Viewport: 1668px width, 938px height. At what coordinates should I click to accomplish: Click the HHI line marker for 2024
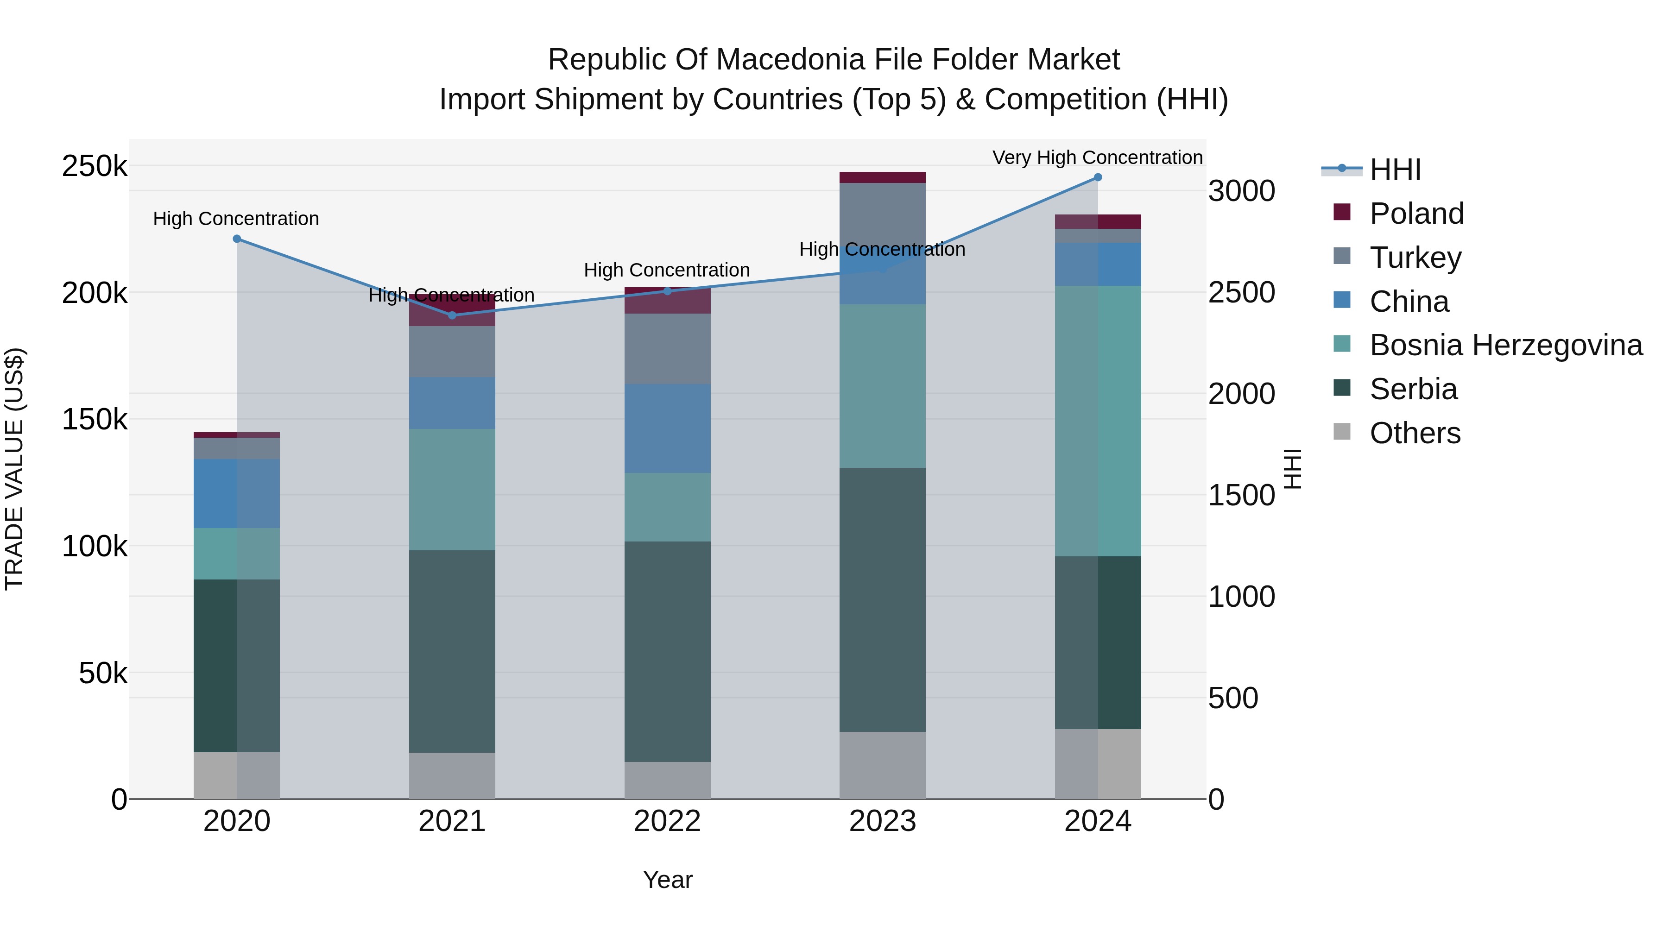pyautogui.click(x=1098, y=177)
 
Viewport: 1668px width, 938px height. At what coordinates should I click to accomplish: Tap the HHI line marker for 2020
pyautogui.click(x=237, y=239)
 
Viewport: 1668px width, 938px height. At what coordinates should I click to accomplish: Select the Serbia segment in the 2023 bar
pyautogui.click(x=883, y=599)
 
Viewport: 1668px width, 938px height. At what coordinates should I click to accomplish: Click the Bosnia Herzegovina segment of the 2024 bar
pyautogui.click(x=1098, y=421)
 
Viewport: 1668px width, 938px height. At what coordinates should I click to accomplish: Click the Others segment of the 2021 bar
pyautogui.click(x=452, y=775)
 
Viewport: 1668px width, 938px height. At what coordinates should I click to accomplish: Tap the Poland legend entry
pyautogui.click(x=1416, y=214)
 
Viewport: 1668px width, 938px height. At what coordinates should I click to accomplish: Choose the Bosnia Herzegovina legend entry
pyautogui.click(x=1505, y=345)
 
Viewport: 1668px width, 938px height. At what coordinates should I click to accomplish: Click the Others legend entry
pyautogui.click(x=1415, y=433)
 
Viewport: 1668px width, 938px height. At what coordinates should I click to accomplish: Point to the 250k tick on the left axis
pyautogui.click(x=95, y=166)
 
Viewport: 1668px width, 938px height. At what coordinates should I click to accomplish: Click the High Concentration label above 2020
pyautogui.click(x=236, y=219)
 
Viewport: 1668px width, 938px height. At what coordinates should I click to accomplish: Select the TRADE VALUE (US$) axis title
pyautogui.click(x=14, y=469)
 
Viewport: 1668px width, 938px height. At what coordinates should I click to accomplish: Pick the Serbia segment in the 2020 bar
pyautogui.click(x=236, y=666)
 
